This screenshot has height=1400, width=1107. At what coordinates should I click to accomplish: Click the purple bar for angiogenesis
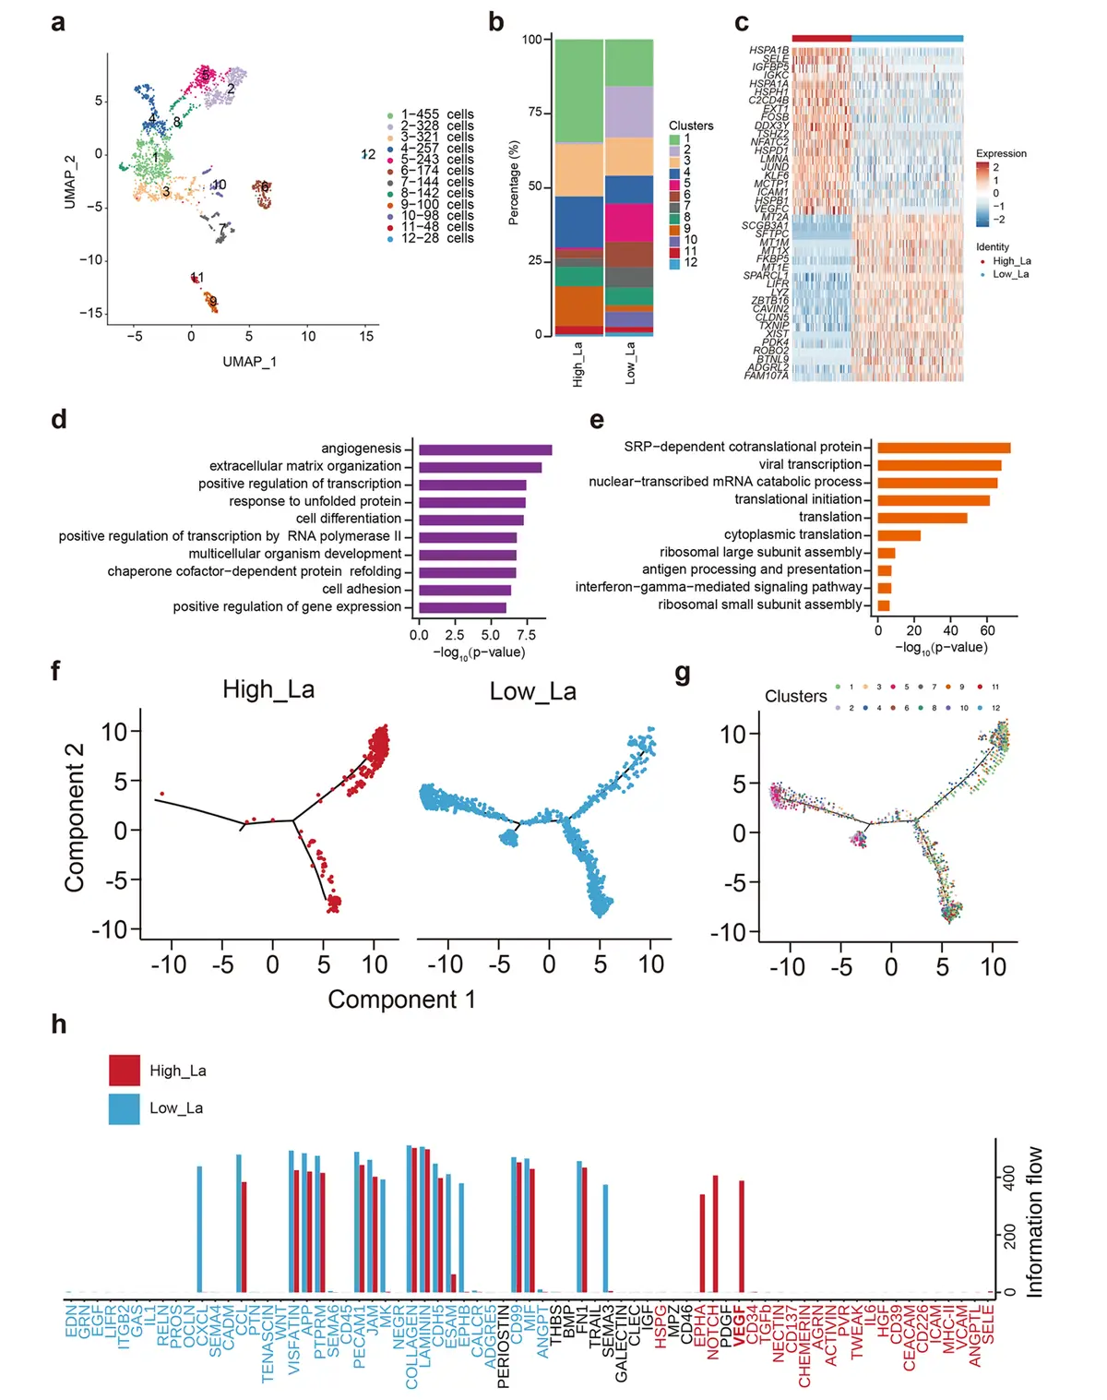pos(485,449)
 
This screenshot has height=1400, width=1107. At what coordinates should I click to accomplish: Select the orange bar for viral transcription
pos(939,465)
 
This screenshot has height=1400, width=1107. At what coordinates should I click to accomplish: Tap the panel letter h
pos(59,1024)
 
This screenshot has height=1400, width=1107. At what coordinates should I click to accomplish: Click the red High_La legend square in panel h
pos(125,1071)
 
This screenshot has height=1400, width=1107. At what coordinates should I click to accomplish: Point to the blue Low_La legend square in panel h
pos(125,1108)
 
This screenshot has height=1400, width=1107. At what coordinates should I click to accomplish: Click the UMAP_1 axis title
pos(249,362)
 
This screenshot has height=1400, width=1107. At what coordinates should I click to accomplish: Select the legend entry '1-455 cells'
pos(437,114)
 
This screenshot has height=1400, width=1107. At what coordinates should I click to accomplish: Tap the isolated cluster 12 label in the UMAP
pos(368,154)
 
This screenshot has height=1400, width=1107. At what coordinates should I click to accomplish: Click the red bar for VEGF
pos(741,1237)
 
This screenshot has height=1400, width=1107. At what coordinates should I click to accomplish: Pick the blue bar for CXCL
pos(199,1229)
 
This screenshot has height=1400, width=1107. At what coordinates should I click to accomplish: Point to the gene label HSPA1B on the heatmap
pos(768,51)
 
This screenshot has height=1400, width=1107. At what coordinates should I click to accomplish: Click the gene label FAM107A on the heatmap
pos(767,376)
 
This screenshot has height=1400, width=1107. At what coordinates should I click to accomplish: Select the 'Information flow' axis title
pos(1035,1222)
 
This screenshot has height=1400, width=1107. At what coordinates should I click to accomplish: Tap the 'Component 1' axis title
pos(401,999)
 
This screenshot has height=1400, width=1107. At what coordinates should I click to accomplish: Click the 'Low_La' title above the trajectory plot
pos(532,691)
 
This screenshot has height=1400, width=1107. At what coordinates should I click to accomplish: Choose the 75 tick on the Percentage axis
pos(534,113)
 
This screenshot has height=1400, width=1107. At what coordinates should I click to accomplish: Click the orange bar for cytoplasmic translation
pos(899,535)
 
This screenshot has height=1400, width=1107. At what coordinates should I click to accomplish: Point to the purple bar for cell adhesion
pos(465,590)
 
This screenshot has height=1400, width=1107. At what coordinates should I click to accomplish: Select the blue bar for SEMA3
pos(605,1238)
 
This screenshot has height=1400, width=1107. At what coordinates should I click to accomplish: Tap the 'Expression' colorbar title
pos(1001,153)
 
